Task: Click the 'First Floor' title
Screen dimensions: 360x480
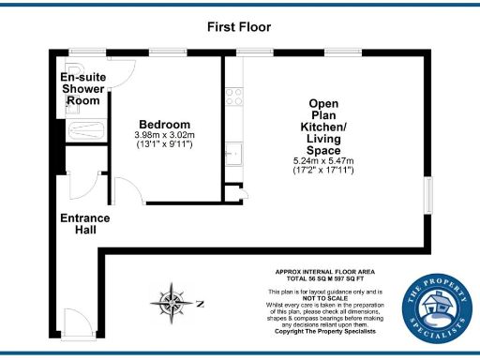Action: click(239, 26)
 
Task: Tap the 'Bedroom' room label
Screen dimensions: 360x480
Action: click(165, 125)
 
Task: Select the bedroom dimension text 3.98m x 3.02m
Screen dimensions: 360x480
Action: click(165, 136)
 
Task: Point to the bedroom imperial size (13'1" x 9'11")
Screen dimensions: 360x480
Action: click(165, 146)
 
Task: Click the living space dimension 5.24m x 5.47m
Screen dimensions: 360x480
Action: click(330, 161)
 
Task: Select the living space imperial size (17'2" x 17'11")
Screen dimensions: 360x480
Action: click(330, 172)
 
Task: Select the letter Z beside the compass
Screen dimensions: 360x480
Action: click(200, 302)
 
